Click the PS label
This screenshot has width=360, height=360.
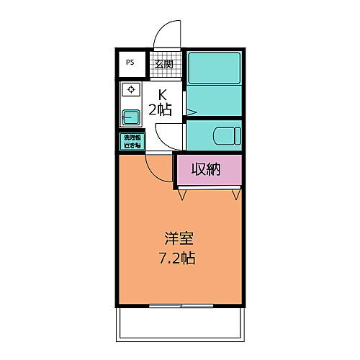tap(131, 63)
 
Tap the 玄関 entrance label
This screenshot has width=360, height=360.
tap(163, 63)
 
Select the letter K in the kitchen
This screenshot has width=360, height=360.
tap(163, 94)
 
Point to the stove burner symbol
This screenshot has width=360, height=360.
tap(131, 89)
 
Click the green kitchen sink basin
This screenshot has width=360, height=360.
tap(130, 117)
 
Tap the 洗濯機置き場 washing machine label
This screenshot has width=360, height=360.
tap(131, 141)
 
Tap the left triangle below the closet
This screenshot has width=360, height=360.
tap(184, 194)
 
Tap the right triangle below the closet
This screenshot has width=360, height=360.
tap(235, 194)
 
